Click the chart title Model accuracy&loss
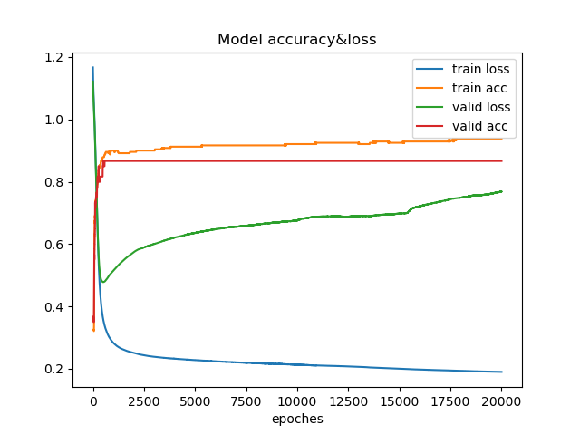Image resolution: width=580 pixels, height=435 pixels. point(296,40)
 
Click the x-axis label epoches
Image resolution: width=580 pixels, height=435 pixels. point(297,419)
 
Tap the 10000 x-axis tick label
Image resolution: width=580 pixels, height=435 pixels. point(297,401)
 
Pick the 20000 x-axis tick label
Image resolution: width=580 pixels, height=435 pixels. point(501,401)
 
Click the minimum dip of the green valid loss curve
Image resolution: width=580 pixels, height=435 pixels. point(103,282)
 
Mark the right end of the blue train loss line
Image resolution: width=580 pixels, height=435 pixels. point(501,372)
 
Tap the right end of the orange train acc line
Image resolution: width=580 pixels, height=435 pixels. point(501,139)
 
